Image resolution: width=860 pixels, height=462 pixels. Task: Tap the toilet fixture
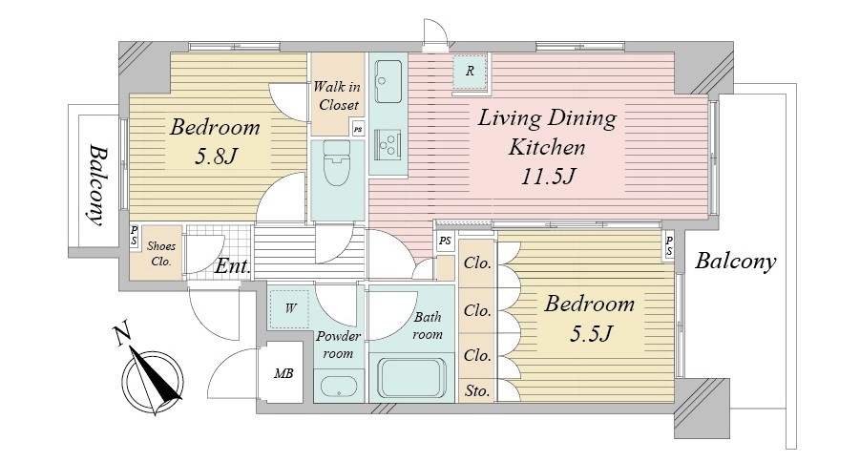tap(337, 163)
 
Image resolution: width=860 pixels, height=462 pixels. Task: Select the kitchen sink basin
tap(388, 81)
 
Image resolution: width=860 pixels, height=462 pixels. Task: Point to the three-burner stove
tap(388, 143)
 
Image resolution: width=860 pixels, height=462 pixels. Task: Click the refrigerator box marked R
tap(470, 71)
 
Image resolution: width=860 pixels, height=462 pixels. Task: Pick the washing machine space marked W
tap(289, 309)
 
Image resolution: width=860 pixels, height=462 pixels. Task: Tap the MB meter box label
tap(283, 373)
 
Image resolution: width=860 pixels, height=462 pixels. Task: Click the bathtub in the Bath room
tap(411, 378)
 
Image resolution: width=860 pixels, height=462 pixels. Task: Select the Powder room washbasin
tap(339, 387)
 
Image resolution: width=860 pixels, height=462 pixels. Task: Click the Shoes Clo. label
tap(161, 254)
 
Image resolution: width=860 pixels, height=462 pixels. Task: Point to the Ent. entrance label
tap(233, 266)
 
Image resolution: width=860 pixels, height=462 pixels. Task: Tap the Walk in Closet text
tap(338, 95)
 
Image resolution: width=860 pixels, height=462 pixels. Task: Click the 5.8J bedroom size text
tap(216, 157)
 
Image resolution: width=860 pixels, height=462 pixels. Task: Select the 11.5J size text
tap(547, 177)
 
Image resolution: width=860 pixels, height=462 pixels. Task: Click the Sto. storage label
tap(477, 390)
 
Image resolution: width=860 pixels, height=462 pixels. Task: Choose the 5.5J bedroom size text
tap(590, 333)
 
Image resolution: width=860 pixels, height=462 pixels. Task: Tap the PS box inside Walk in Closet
tap(358, 130)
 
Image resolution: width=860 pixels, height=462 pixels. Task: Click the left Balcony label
tap(97, 185)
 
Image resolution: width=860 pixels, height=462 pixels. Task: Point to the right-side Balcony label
tap(736, 262)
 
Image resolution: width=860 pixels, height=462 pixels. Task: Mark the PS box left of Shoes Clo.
tap(134, 236)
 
